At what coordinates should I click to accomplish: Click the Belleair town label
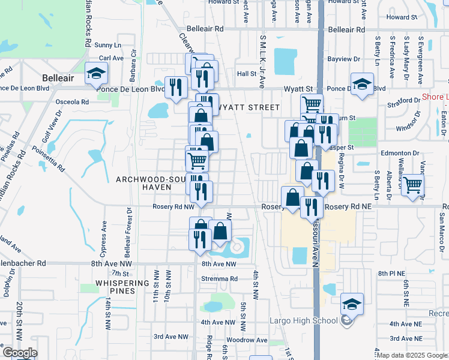[x=58, y=78]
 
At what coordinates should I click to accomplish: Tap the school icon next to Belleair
[x=95, y=74]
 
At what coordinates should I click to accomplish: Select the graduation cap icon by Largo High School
[x=352, y=304]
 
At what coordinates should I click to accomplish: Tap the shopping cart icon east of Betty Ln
[x=412, y=186]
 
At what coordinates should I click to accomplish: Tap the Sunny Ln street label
[x=107, y=45]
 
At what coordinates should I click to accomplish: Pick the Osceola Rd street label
[x=72, y=101]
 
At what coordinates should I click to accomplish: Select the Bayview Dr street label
[x=344, y=60]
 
